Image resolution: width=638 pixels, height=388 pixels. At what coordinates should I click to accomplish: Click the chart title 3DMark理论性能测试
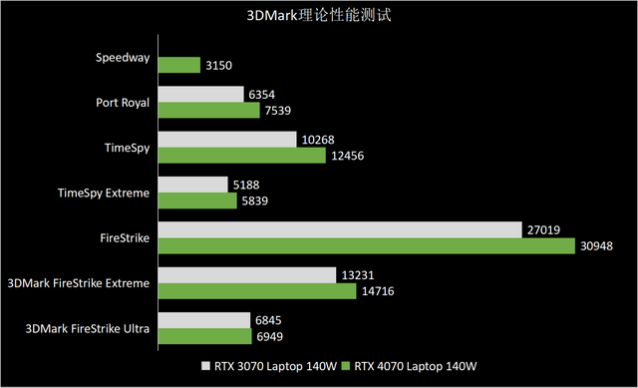318,17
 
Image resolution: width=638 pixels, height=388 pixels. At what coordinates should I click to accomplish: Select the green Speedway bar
179,65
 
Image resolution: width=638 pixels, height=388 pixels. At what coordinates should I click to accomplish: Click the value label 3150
219,65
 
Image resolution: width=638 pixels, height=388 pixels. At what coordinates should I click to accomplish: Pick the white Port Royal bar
200,94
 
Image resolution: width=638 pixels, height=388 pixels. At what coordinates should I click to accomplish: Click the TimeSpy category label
127,148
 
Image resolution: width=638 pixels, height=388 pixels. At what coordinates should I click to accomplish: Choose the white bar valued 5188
193,185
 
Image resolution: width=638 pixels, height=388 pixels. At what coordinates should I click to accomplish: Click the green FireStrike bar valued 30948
366,245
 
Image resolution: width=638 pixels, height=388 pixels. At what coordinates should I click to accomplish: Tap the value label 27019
544,229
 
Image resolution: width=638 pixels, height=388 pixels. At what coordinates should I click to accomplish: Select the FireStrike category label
125,237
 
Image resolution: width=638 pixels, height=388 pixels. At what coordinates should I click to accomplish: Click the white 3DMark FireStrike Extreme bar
246,274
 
